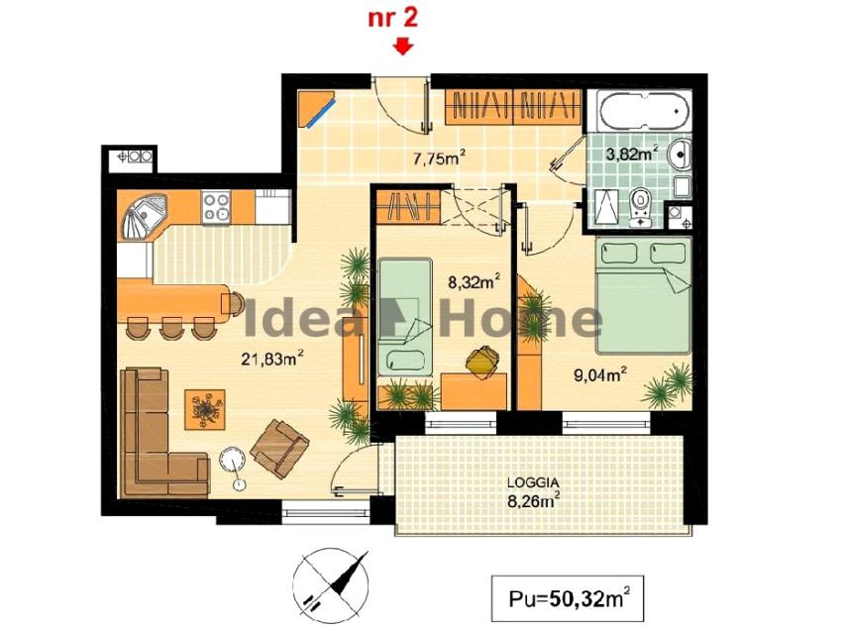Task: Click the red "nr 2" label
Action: (393, 19)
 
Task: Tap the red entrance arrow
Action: (402, 47)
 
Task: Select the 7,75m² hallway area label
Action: (439, 158)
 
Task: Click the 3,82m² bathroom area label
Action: (632, 154)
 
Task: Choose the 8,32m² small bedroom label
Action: (475, 281)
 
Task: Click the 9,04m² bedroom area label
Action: (600, 373)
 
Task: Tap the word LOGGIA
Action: (533, 482)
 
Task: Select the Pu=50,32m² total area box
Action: (568, 598)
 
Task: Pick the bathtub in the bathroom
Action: (644, 112)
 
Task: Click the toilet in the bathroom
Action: (641, 208)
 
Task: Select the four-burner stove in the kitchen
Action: (216, 208)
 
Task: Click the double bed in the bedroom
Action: (643, 296)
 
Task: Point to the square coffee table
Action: (205, 410)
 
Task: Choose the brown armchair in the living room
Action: (280, 449)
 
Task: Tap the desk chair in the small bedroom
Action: (482, 359)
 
